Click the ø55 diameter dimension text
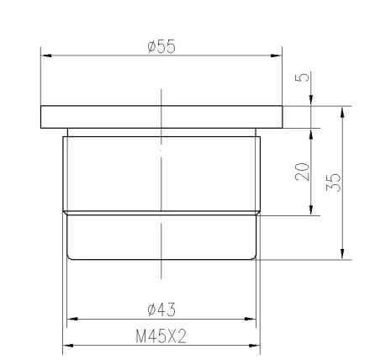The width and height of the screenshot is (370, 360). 161,46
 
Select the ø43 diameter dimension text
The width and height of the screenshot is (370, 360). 161,310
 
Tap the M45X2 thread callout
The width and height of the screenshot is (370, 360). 161,336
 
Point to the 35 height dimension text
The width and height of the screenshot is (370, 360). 333,183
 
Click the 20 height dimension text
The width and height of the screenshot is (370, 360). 303,172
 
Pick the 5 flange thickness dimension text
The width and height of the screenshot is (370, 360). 302,77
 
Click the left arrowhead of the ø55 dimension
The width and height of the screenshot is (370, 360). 46,56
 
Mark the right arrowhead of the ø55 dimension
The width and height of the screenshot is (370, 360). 277,56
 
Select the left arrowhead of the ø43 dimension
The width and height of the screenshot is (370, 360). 72,319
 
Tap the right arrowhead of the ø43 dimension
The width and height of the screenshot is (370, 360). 251,319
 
